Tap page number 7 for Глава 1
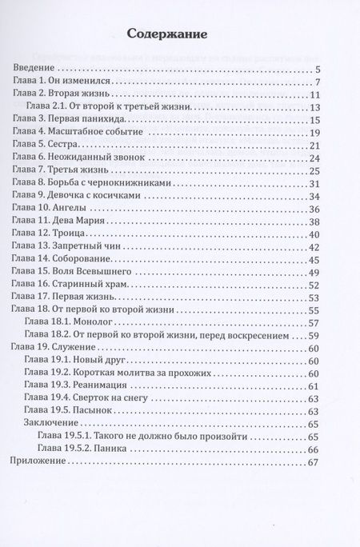click(318, 83)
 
